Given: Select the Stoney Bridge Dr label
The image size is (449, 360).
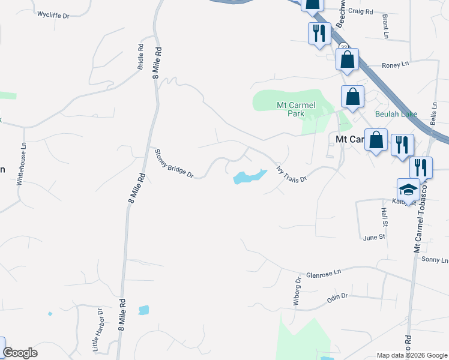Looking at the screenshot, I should [x=174, y=164].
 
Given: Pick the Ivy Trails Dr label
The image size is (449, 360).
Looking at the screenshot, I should [x=291, y=171].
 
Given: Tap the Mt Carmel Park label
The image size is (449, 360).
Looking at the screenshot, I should [x=295, y=109].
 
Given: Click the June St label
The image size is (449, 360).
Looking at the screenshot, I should [x=373, y=238].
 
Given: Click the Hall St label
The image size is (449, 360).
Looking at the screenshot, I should [x=384, y=217].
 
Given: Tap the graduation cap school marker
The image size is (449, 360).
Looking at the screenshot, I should [x=409, y=190].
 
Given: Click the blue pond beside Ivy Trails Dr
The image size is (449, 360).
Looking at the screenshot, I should [x=248, y=178].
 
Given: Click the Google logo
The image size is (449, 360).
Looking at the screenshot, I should [x=20, y=353].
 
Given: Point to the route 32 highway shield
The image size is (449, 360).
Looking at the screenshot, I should [x=343, y=47].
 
